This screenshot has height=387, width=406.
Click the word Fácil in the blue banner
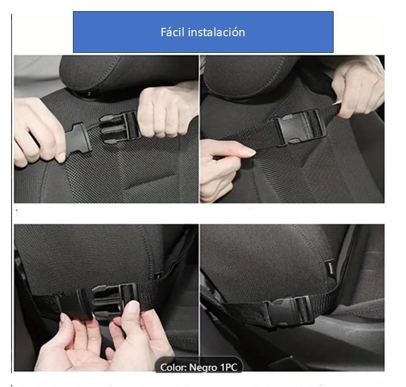(x=173, y=32)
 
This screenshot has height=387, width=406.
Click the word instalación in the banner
(x=217, y=32)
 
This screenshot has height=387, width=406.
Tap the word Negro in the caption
(x=203, y=368)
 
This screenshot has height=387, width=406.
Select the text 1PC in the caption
(x=229, y=368)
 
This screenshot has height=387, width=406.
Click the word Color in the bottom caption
(x=173, y=368)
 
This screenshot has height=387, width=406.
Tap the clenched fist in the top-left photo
(x=165, y=111)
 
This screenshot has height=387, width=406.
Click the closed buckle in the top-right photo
(x=298, y=128)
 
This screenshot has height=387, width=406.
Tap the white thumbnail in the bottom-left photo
(x=134, y=307)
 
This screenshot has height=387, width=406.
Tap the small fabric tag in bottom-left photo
(x=159, y=276)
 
